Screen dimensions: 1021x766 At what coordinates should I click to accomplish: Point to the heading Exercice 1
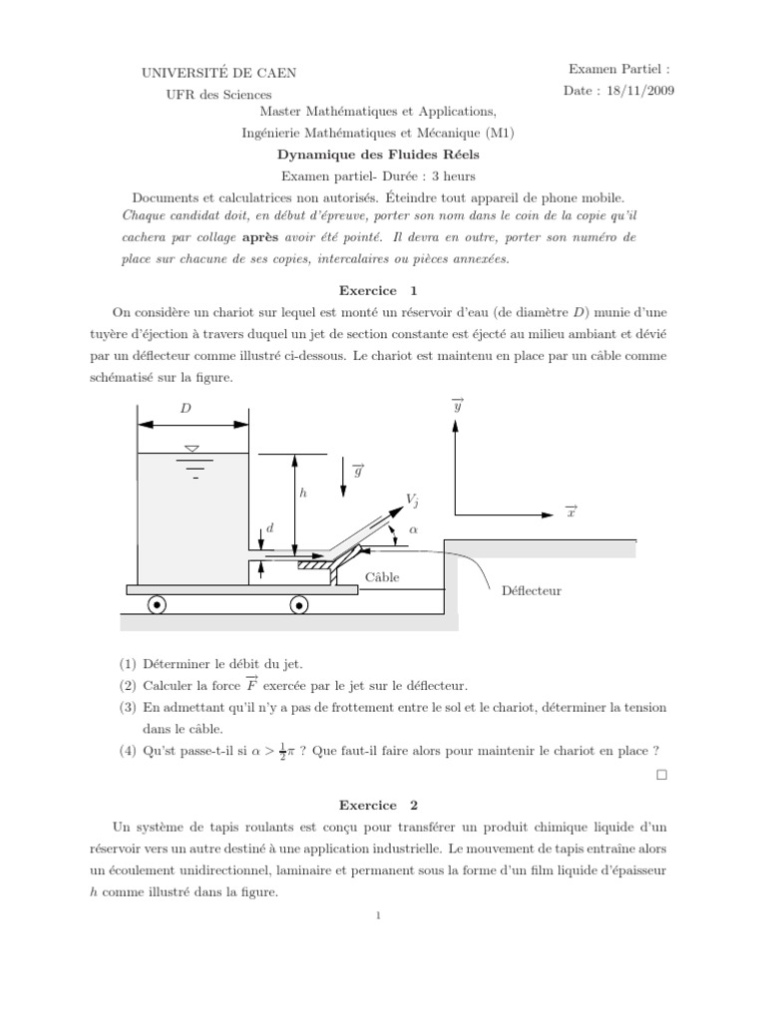click(x=383, y=291)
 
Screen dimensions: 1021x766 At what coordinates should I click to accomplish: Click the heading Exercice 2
click(x=383, y=804)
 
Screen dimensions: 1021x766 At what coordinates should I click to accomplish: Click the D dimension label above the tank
click(x=186, y=408)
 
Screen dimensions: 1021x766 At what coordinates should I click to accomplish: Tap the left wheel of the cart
click(x=157, y=605)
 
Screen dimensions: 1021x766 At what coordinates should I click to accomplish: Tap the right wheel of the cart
click(x=298, y=605)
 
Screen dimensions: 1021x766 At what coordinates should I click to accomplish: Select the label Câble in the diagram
click(x=382, y=577)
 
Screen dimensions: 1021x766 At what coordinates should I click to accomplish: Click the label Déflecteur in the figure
click(x=531, y=590)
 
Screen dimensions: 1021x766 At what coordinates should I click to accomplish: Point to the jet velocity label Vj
click(x=412, y=499)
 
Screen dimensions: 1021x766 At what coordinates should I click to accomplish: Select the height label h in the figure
click(x=302, y=493)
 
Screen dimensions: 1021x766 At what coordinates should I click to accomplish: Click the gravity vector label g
click(x=358, y=472)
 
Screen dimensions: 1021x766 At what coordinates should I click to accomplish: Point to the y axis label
click(x=458, y=406)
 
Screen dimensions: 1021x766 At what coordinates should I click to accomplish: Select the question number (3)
click(x=127, y=707)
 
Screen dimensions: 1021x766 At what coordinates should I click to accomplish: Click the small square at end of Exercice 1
click(x=662, y=775)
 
